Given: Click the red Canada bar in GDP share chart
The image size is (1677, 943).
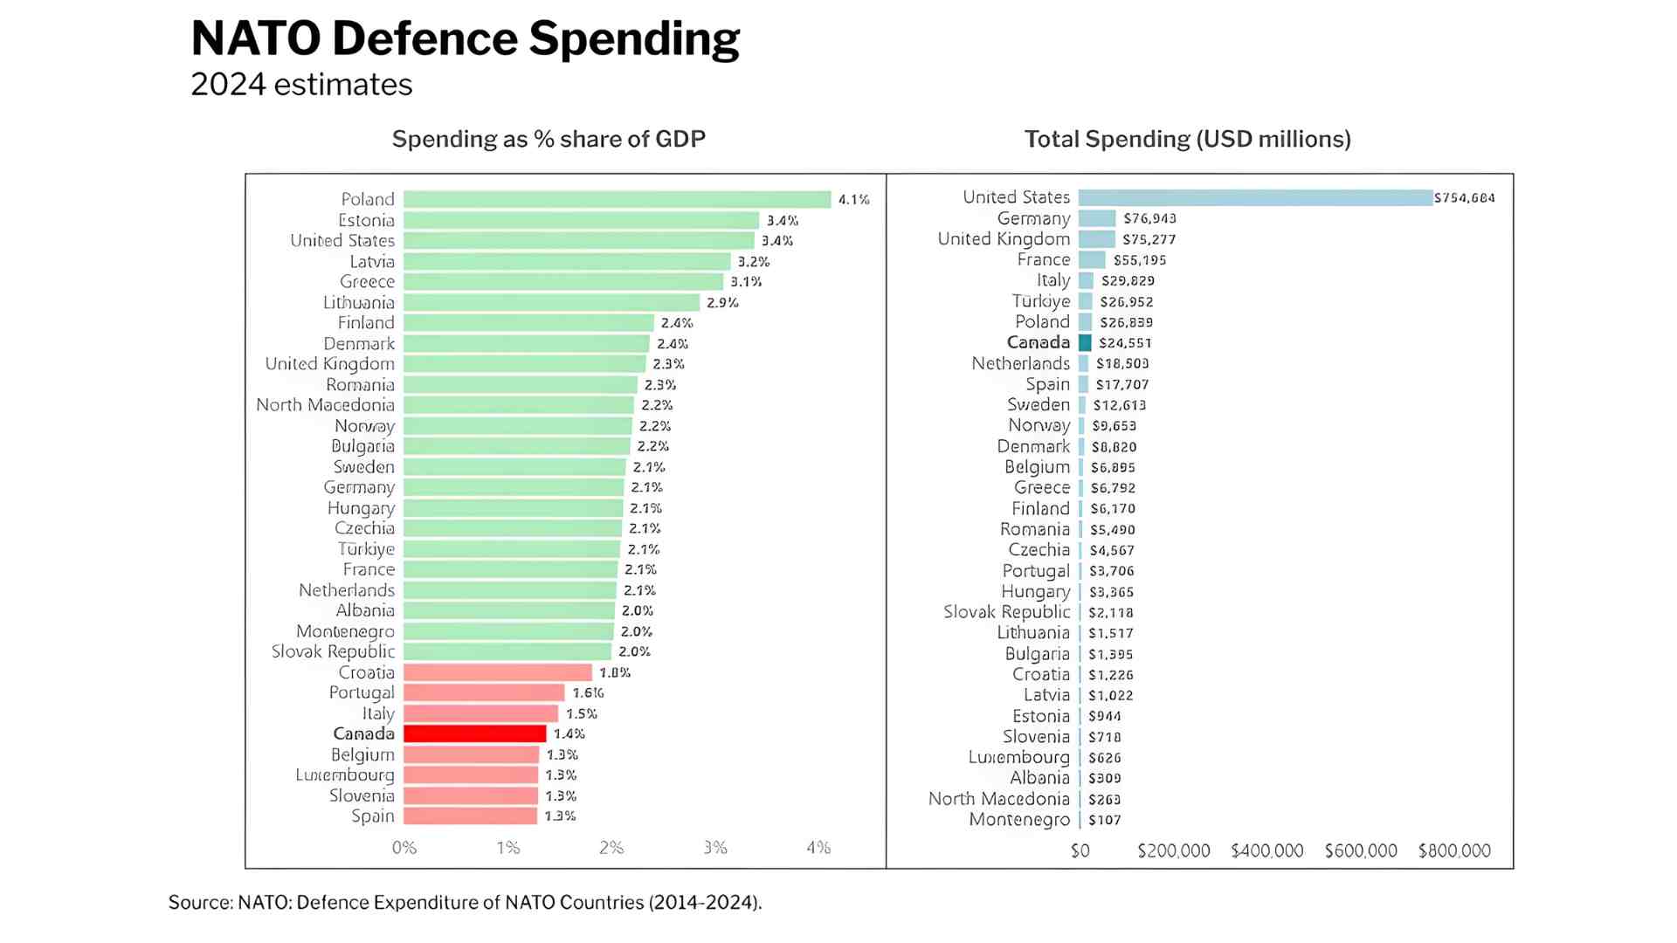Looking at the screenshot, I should (x=474, y=734).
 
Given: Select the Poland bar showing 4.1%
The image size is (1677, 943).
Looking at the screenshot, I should (x=617, y=200).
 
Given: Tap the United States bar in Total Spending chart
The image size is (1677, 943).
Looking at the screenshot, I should (x=1255, y=198).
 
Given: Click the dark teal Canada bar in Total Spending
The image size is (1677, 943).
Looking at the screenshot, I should (x=1085, y=343).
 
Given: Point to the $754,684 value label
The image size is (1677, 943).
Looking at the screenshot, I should (x=1465, y=198).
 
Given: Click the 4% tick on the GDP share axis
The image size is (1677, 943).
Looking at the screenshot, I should (x=818, y=848).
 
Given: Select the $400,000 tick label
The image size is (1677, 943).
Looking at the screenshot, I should (x=1266, y=851).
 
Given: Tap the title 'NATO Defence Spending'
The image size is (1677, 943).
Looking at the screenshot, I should (x=465, y=39).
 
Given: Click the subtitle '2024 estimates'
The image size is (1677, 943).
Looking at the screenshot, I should (x=301, y=85).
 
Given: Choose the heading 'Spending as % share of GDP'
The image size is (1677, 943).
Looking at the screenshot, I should (x=549, y=140).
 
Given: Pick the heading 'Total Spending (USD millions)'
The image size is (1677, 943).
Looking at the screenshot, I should (x=1187, y=140).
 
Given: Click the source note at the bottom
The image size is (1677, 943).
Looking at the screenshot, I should (x=465, y=903).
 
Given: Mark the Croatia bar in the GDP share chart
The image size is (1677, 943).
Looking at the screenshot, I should (x=498, y=672).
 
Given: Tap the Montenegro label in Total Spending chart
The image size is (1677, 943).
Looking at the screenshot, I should (x=1019, y=820).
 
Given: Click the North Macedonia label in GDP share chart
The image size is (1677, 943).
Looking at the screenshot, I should (x=325, y=405).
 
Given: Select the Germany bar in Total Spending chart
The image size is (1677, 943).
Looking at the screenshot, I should (x=1097, y=218).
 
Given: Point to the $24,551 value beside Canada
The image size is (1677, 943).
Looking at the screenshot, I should (x=1125, y=343).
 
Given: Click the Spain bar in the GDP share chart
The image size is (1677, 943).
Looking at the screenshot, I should (x=470, y=816).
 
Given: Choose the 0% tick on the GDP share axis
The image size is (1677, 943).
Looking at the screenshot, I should (x=404, y=848).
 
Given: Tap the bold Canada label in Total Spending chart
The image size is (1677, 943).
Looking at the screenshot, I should (x=1038, y=343).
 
